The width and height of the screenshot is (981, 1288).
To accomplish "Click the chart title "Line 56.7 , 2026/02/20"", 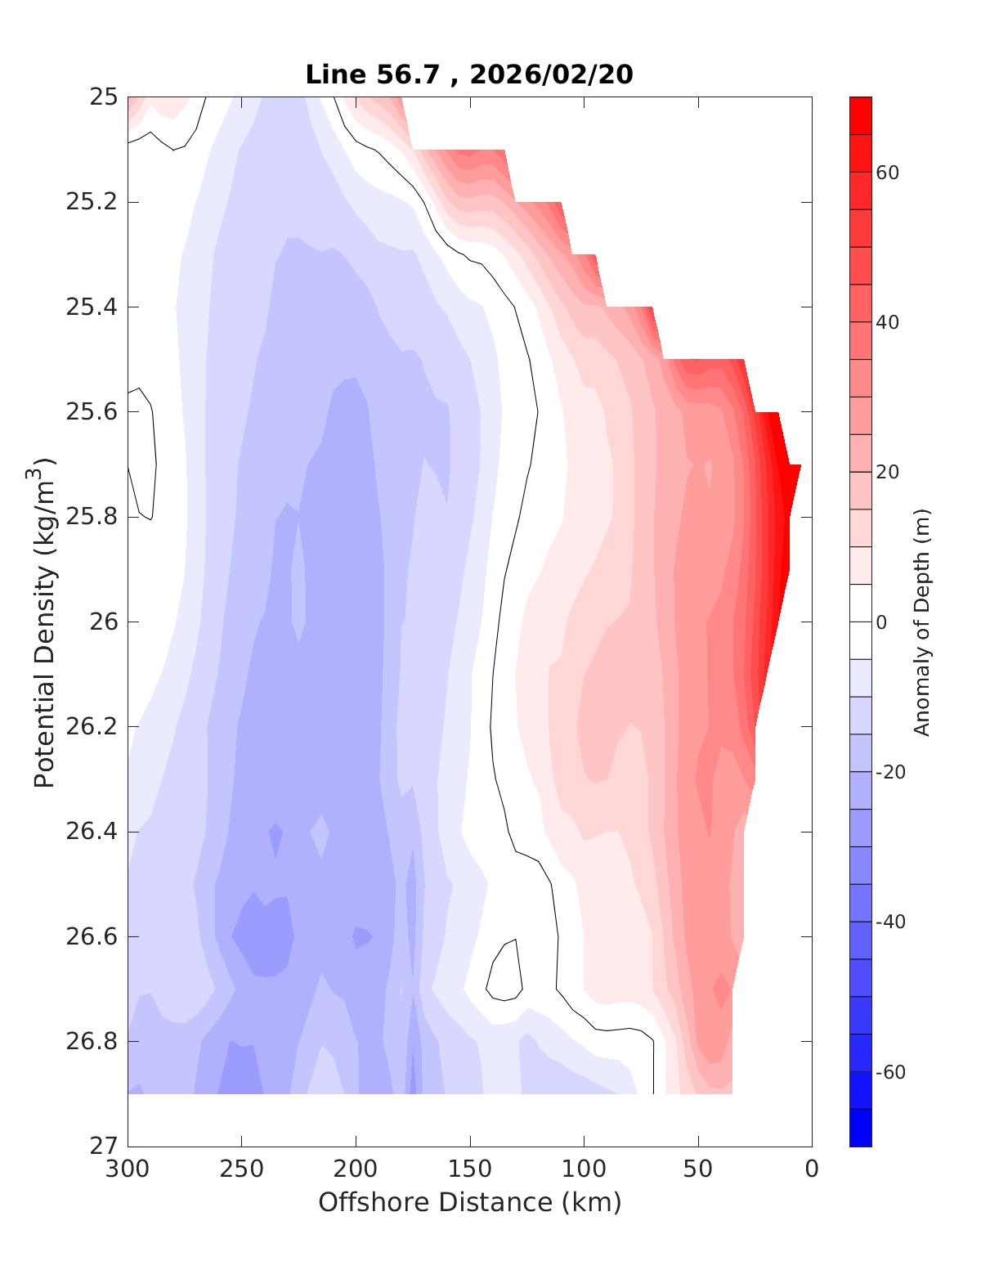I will [x=468, y=74].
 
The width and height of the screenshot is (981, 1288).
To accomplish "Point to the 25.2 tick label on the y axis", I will [x=91, y=202].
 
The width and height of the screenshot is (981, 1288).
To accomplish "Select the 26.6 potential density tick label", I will [x=91, y=936].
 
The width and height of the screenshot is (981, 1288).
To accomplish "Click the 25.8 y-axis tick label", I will [x=91, y=517].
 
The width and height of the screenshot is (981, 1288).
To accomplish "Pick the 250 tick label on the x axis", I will [x=242, y=1169].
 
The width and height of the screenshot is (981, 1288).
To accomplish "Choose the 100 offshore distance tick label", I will [x=585, y=1169].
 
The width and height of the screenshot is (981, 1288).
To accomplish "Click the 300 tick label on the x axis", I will [x=128, y=1169].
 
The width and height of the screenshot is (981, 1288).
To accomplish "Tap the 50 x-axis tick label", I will [x=698, y=1169].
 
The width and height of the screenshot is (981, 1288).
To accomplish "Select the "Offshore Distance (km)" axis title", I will [x=469, y=1202].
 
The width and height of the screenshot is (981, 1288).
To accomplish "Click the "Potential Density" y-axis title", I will [x=44, y=622].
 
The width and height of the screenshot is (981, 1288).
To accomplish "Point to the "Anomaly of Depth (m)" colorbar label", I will [x=922, y=622].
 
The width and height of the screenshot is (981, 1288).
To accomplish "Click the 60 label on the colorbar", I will [x=888, y=173].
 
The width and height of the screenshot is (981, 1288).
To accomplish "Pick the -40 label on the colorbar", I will [x=891, y=922].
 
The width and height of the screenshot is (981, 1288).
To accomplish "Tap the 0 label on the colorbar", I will [x=881, y=622].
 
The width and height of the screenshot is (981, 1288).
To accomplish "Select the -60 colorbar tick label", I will [x=891, y=1072].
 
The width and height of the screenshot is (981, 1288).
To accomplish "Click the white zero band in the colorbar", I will [x=861, y=622].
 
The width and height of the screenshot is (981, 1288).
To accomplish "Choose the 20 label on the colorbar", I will [x=888, y=472].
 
